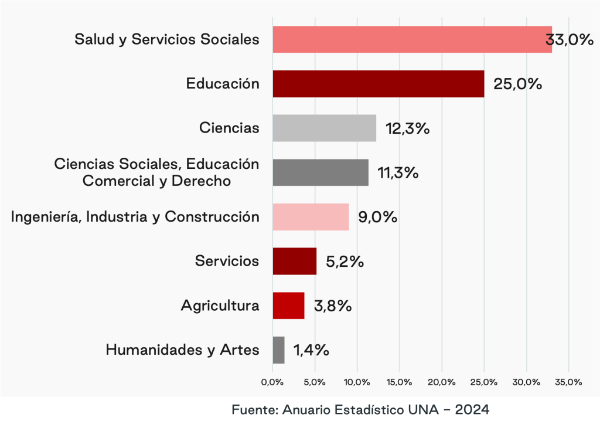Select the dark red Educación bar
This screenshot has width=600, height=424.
tap(378, 84)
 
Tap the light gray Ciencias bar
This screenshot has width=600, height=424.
tap(324, 128)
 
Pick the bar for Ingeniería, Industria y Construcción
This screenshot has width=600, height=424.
tap(311, 217)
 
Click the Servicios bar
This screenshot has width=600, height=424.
tap(294, 261)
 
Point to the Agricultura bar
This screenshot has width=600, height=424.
tap(288, 306)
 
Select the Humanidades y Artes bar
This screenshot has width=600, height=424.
tap(278, 350)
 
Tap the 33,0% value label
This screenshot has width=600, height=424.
tap(570, 40)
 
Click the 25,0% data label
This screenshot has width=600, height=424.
tap(517, 84)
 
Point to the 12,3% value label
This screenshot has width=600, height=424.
tap(408, 128)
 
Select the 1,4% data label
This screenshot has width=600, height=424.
tap(311, 351)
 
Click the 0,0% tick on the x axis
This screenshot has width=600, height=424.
tap(272, 382)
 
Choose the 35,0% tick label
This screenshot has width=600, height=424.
tap(568, 382)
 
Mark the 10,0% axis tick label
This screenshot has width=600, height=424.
tap(357, 382)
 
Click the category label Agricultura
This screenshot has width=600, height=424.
tap(220, 306)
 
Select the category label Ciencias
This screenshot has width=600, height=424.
tap(229, 128)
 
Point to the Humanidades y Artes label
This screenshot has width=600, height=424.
tap(182, 350)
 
